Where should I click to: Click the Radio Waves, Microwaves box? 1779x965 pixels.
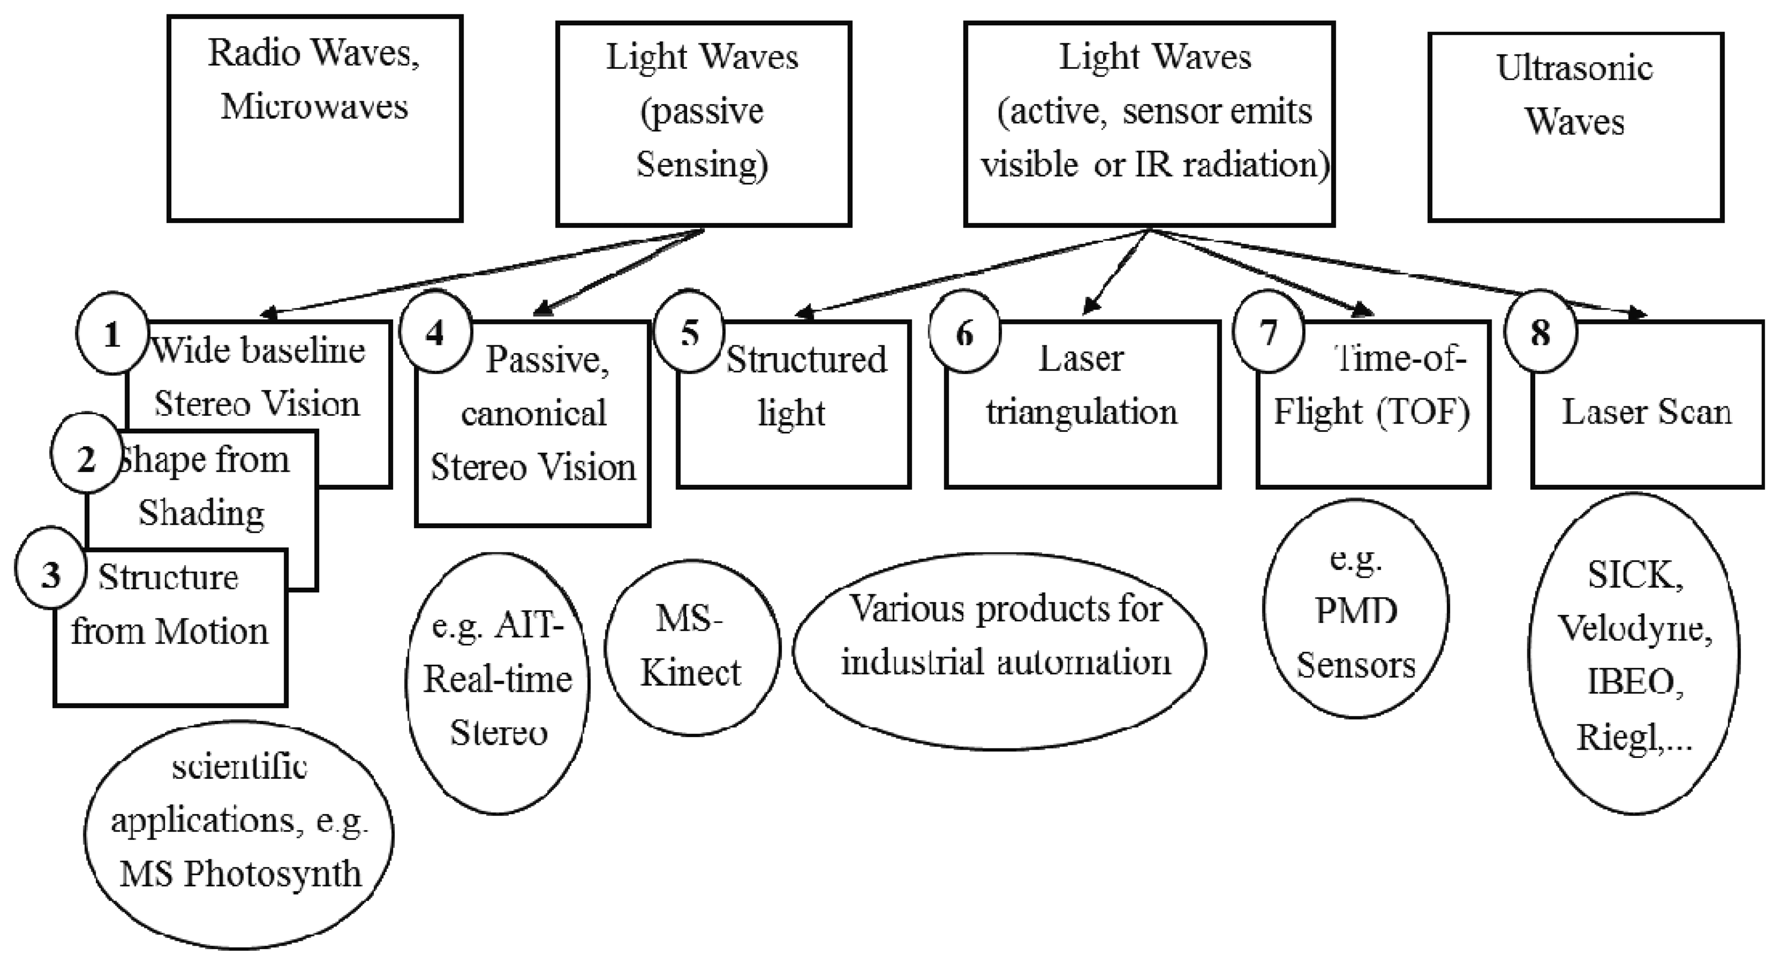tap(314, 119)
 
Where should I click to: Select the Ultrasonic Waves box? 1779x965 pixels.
tap(1575, 127)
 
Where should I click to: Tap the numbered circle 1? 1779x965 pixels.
tap(112, 334)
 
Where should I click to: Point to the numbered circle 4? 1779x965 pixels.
tap(435, 333)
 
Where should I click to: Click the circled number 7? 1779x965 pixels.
tap(1268, 332)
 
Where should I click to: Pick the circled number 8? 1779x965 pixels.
tap(1541, 333)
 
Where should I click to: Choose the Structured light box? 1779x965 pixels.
tap(793, 404)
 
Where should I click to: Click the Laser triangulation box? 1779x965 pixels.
tap(1082, 404)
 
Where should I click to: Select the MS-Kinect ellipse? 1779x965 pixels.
tap(692, 647)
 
